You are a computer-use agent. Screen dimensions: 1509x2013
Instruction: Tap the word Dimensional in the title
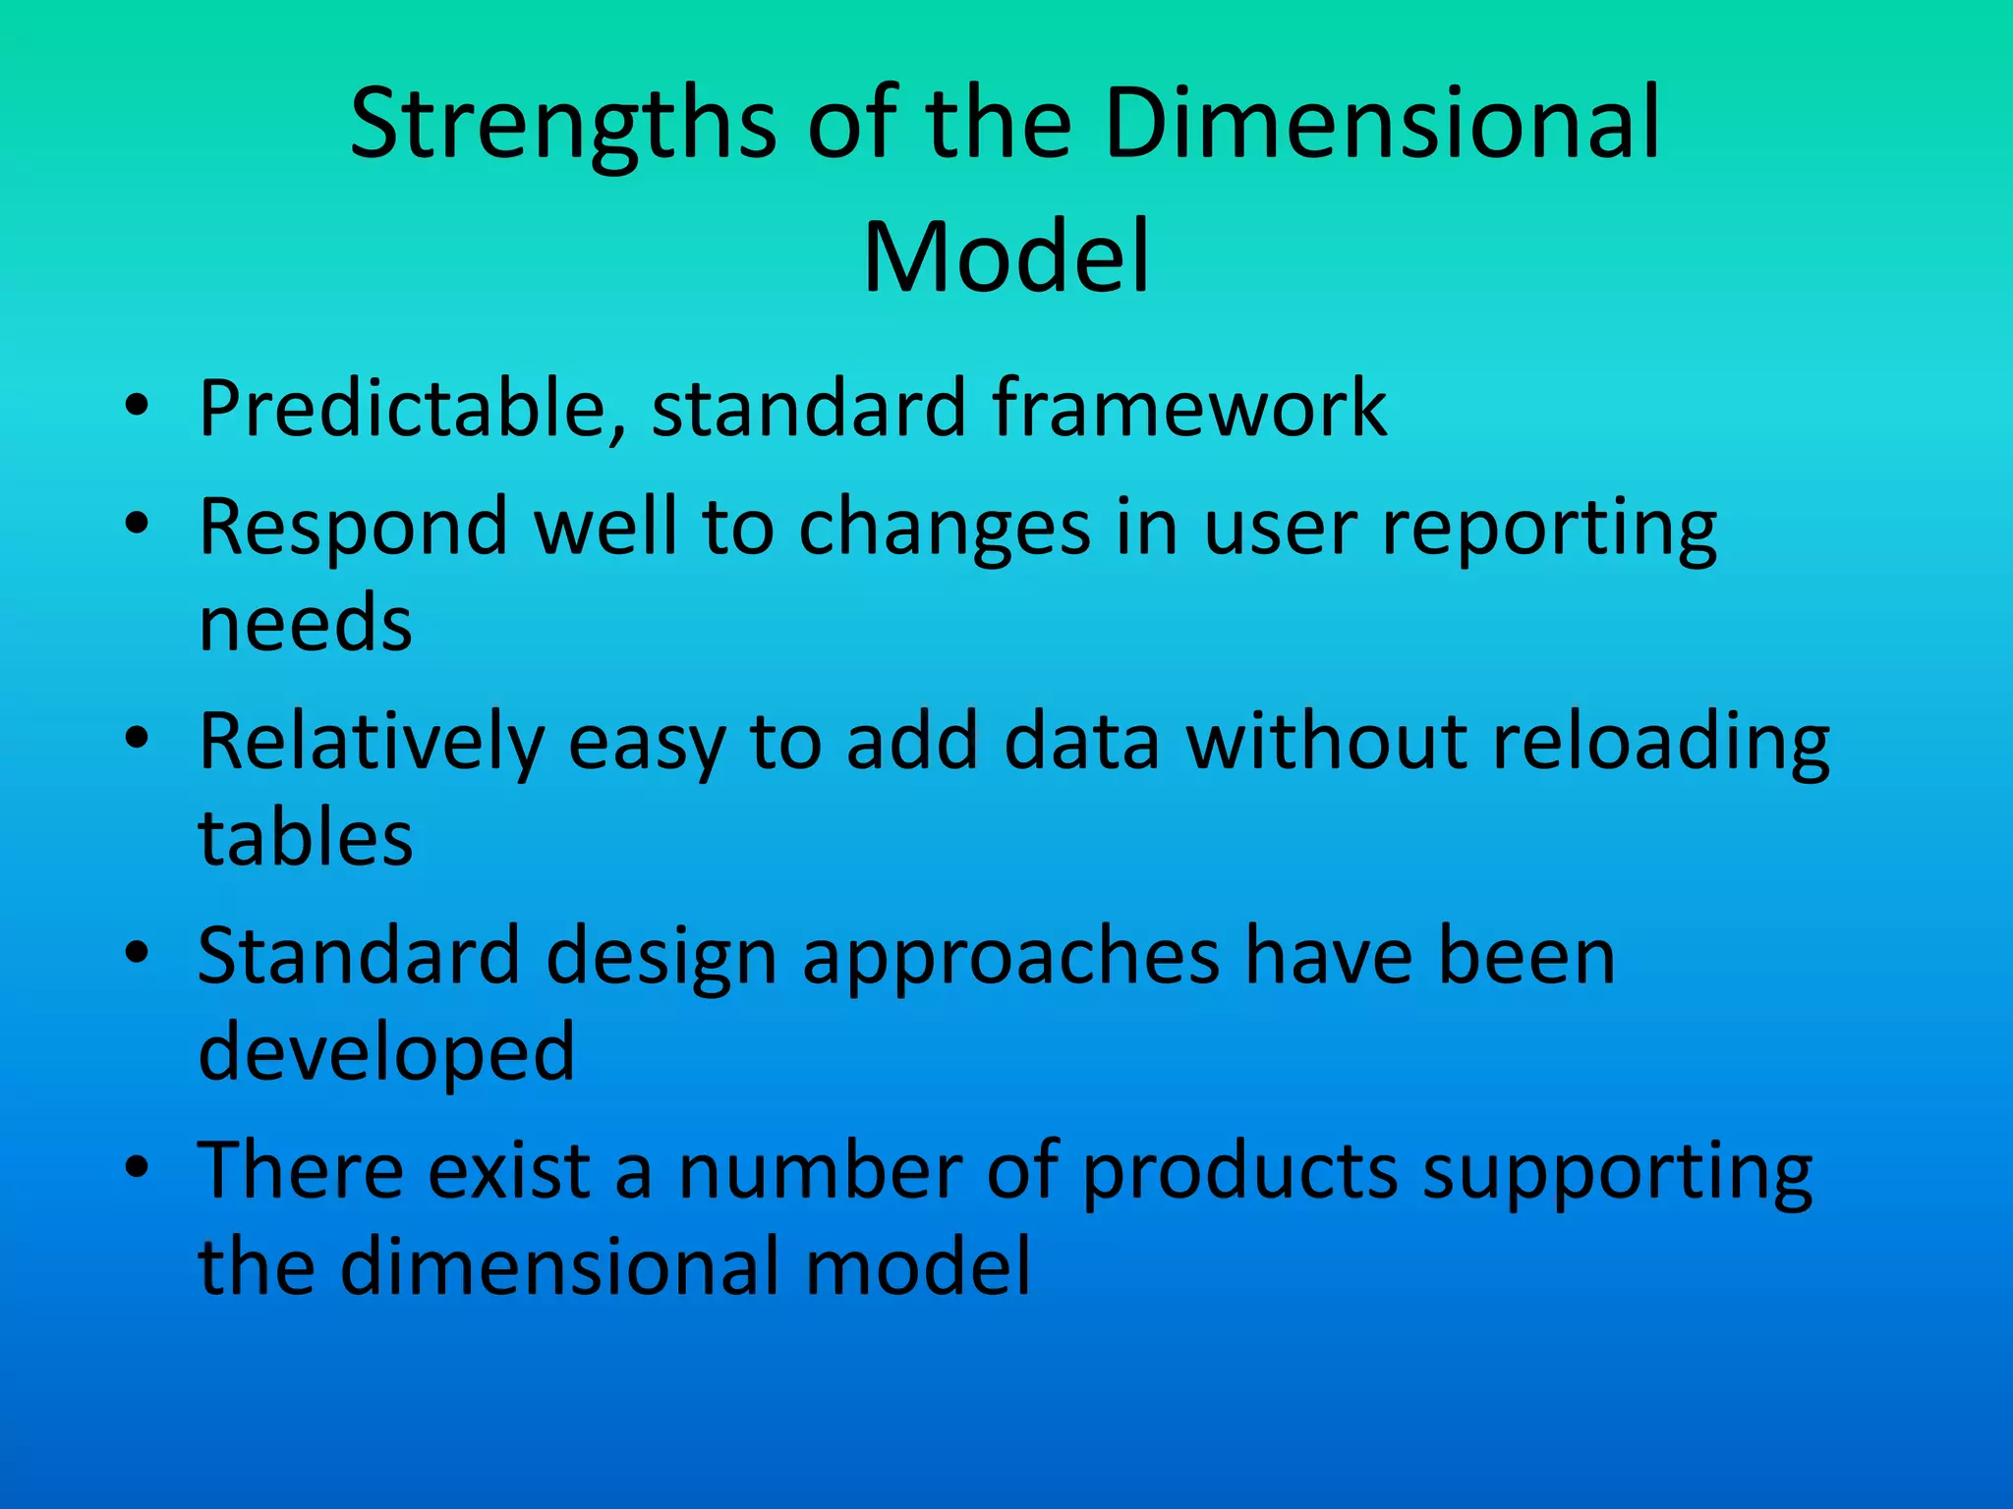point(1381,125)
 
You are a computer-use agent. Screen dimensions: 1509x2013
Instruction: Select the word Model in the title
point(1006,257)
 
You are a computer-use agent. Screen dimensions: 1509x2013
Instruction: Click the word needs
point(305,624)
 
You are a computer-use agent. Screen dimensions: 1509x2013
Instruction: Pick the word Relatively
point(371,742)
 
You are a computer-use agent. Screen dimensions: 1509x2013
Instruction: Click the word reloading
point(1660,742)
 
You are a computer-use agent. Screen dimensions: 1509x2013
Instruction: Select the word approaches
point(1010,958)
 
